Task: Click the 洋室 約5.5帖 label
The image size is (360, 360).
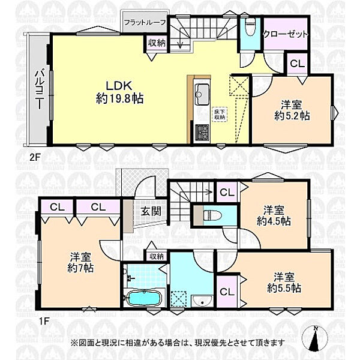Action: [x=286, y=283]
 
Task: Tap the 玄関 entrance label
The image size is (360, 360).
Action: [x=149, y=211]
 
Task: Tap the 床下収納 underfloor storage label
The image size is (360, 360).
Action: [x=220, y=115]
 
